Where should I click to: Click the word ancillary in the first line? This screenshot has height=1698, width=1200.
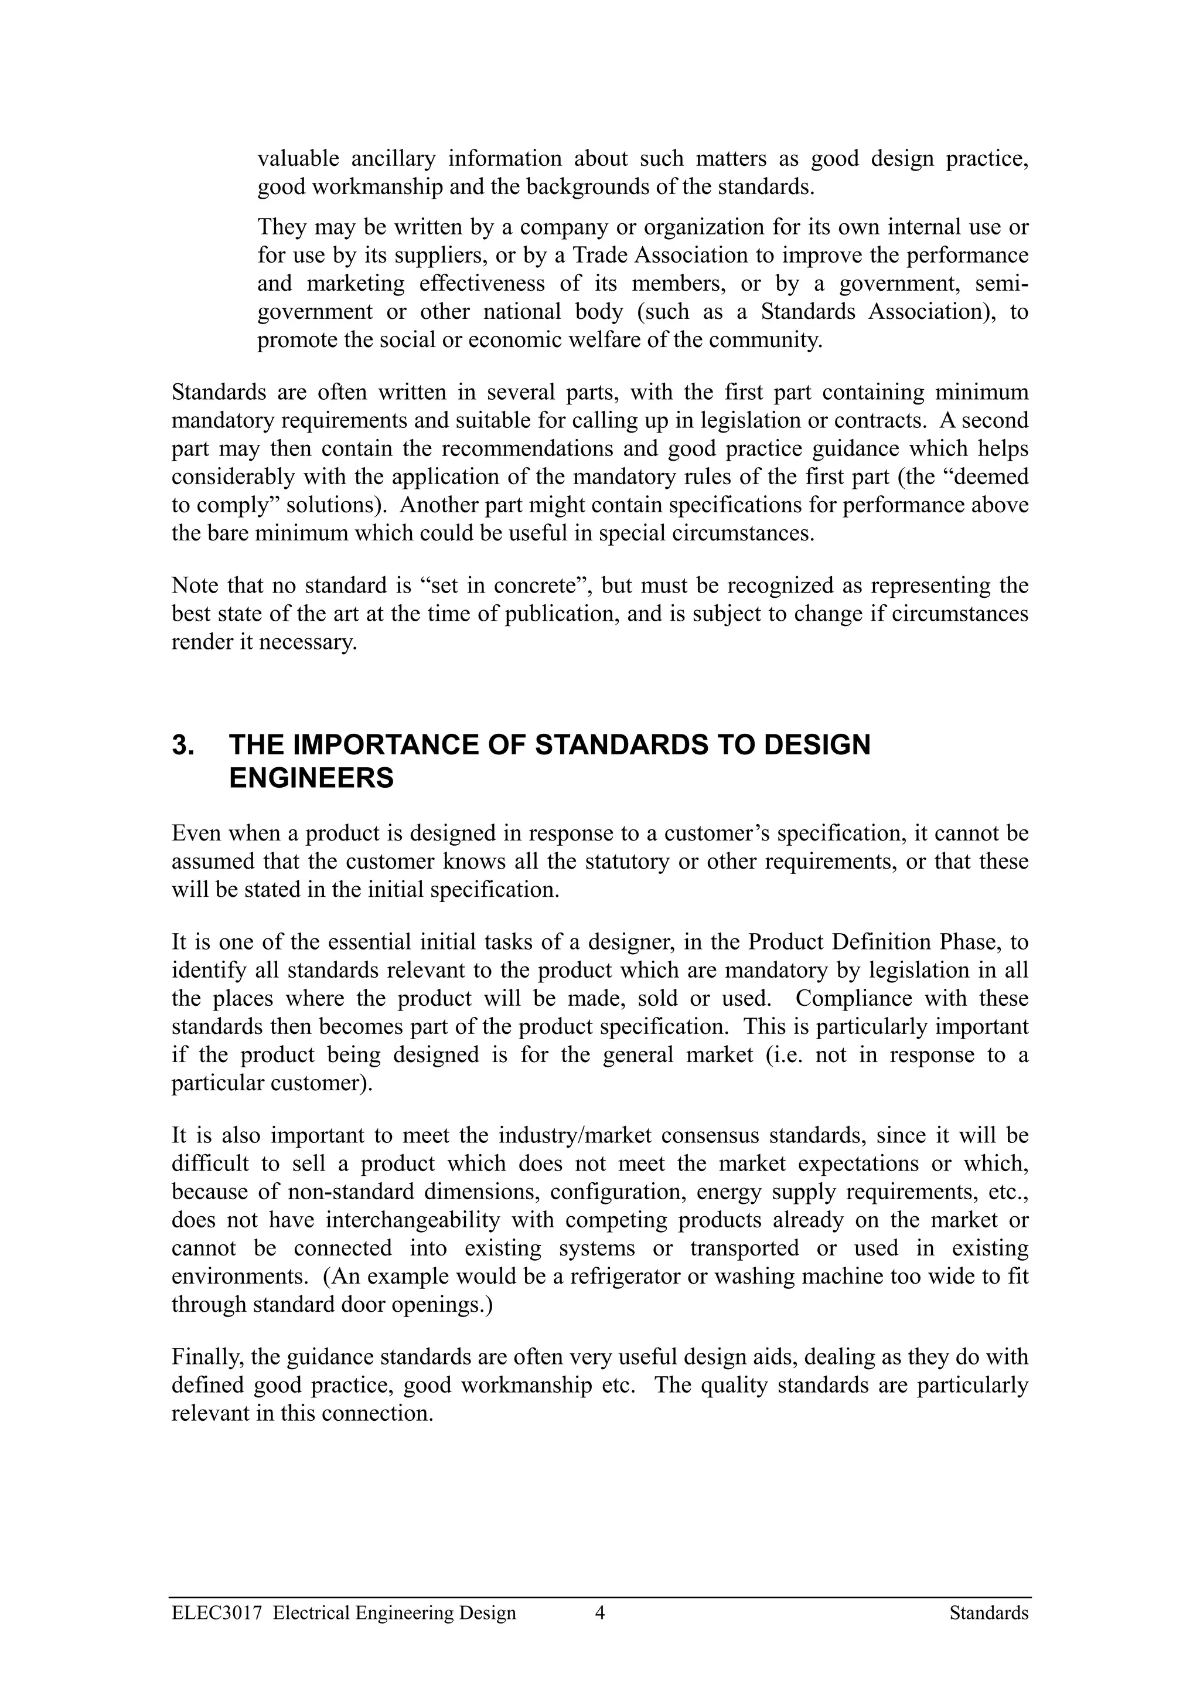pyautogui.click(x=393, y=159)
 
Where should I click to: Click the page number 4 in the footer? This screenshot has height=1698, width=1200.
pyautogui.click(x=601, y=1613)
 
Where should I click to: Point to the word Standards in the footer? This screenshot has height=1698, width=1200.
pyautogui.click(x=988, y=1613)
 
